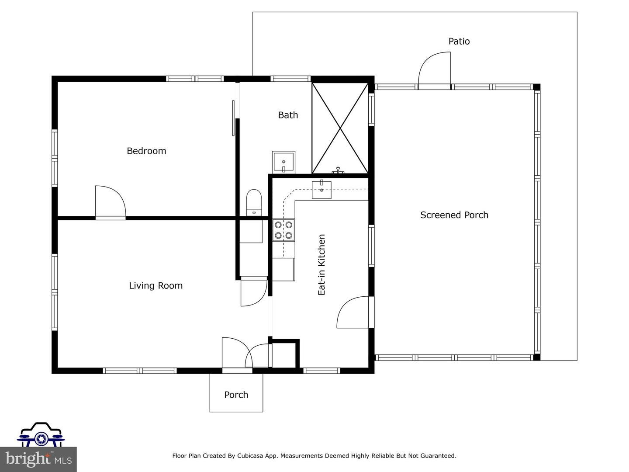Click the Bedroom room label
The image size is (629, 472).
[x=146, y=151]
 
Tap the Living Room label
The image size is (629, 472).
[x=156, y=286]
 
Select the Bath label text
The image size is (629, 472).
[x=288, y=115]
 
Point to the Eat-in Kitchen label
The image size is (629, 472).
[x=322, y=265]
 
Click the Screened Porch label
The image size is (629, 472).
[x=454, y=215]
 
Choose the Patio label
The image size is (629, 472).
[x=459, y=42]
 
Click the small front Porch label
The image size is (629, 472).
[x=236, y=395]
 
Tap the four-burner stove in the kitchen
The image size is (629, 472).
[x=283, y=230]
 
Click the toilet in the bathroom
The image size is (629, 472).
[x=253, y=203]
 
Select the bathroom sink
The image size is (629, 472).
[x=283, y=162]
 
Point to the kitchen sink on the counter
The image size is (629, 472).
[x=321, y=190]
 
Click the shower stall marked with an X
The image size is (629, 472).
[x=340, y=128]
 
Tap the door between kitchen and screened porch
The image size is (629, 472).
[x=353, y=312]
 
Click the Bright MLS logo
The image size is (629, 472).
[x=38, y=459]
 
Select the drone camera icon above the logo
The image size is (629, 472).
[x=41, y=434]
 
